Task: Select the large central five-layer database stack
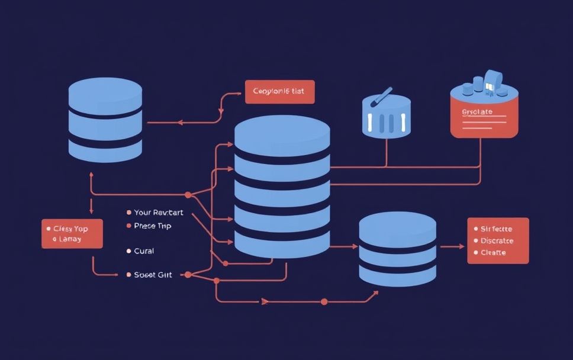coord(282,187)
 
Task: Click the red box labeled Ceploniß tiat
coord(279,92)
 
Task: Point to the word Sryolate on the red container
coord(477,111)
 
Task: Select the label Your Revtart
coord(159,212)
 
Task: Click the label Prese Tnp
coord(153,226)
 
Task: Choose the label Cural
coord(144,251)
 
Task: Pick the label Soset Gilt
coord(153,275)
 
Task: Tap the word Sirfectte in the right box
coord(497,229)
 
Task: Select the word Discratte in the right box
coord(497,241)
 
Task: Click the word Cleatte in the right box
coord(493,253)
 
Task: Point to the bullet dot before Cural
coord(128,251)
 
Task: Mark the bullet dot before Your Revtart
coord(128,212)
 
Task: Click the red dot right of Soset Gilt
coord(188,275)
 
